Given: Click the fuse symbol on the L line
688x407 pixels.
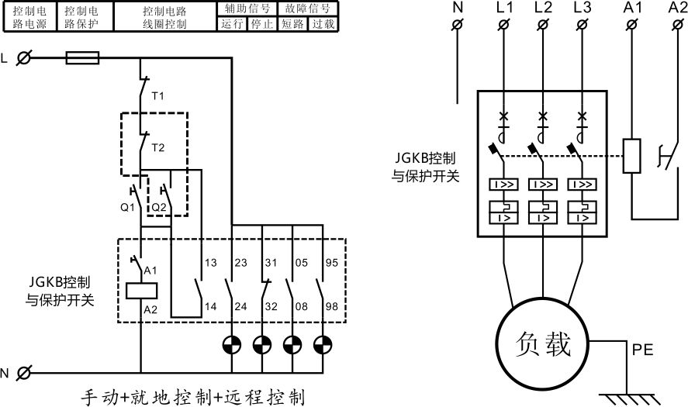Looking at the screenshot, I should tap(83, 57).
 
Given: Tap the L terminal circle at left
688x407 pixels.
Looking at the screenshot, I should tap(25, 58).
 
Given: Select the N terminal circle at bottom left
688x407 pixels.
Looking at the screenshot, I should tap(25, 373).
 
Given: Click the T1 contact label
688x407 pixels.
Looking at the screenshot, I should tap(158, 96).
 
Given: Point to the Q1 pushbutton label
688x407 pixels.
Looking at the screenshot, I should tap(127, 207).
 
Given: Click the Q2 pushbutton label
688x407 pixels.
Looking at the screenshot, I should tap(158, 207).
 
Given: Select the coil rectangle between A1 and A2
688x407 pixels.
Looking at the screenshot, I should tap(141, 289).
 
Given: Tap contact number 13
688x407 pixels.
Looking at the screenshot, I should tap(210, 264).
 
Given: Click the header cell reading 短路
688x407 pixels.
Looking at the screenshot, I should tap(292, 23).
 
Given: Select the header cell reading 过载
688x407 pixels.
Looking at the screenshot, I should tap(323, 23).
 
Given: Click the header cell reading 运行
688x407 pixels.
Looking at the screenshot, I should tap(232, 23).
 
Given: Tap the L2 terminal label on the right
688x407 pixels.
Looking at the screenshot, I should tap(543, 9).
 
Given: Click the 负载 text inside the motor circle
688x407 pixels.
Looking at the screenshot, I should tap(543, 343).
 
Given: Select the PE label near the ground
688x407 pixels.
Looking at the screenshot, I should tap(643, 350).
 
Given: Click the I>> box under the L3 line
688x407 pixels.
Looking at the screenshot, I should tap(583, 185).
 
